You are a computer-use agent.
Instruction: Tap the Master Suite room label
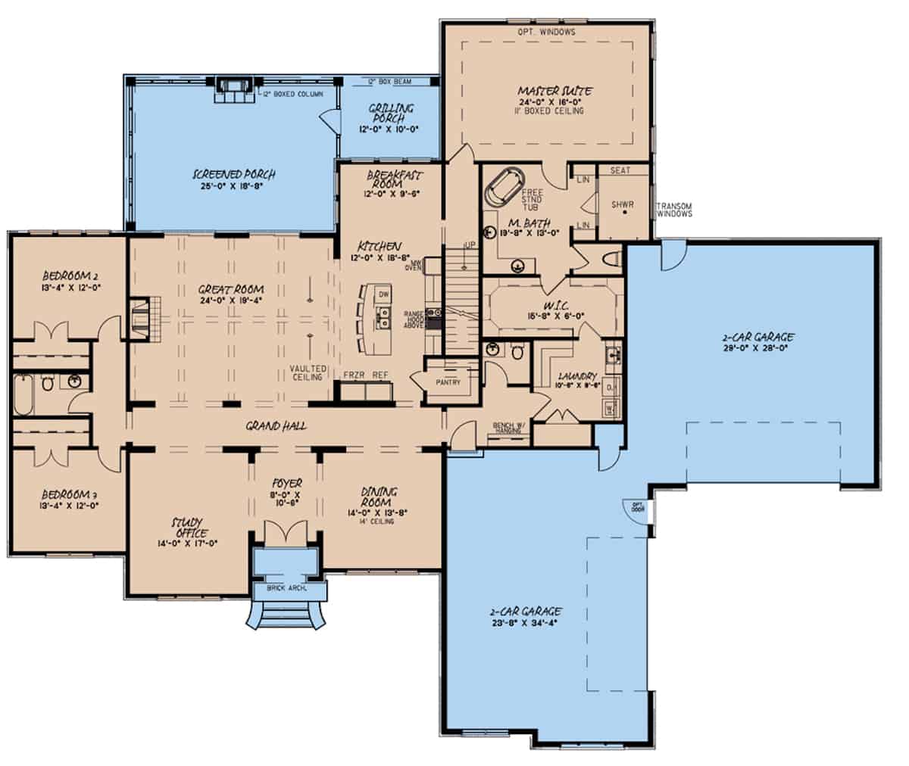[556, 91]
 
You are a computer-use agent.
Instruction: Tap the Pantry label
[448, 382]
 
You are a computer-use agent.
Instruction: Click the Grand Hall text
[276, 426]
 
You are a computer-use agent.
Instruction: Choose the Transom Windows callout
[674, 210]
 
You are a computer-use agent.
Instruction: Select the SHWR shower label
[623, 204]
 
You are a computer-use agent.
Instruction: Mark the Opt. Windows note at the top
[546, 32]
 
